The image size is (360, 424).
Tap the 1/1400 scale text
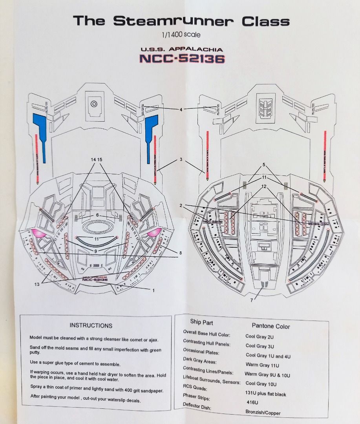pos(181,35)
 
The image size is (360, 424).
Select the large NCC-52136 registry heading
pos(182,58)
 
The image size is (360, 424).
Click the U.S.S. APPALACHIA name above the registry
pos(182,49)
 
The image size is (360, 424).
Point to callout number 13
pos(37,285)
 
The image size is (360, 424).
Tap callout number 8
pos(180,253)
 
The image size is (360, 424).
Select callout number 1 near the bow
pos(153,290)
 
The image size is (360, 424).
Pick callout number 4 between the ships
pos(181,110)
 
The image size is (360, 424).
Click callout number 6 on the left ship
pos(97,215)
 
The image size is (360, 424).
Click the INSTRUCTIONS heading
pos(91,325)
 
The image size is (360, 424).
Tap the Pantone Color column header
pos(271,326)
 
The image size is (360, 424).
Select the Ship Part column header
pos(201,322)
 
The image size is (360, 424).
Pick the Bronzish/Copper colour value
pos(263,413)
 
